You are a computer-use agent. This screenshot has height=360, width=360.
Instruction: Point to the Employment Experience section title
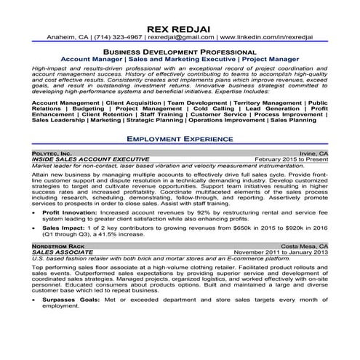[x=180, y=137]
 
